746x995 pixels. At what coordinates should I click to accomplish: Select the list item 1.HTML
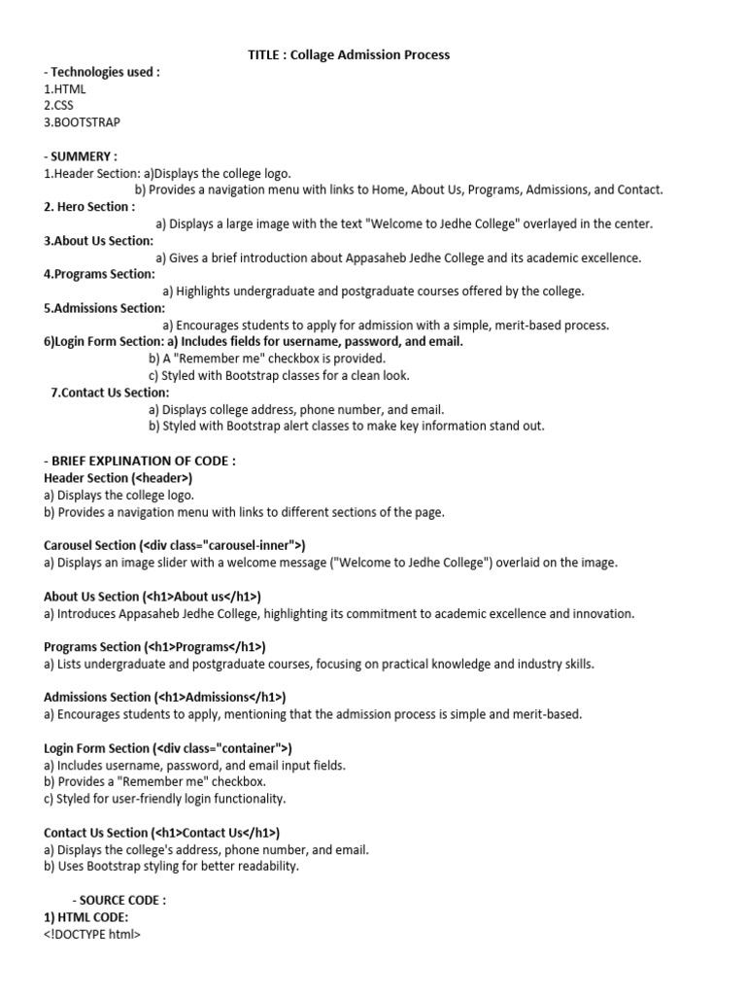coord(65,89)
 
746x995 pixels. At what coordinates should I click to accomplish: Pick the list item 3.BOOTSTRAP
coord(83,122)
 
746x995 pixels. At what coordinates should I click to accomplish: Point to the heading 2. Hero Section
coord(89,207)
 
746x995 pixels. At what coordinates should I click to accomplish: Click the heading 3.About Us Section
coord(98,241)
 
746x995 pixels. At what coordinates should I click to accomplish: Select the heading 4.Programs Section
coord(99,274)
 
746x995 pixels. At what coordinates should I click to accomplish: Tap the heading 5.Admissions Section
coord(104,308)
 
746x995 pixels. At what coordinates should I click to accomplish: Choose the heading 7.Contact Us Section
coord(110,393)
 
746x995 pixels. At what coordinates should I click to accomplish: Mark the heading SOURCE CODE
coord(122,901)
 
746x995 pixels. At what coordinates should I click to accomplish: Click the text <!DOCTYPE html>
coord(92,935)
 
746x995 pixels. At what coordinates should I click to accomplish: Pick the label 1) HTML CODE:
coord(85,917)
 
